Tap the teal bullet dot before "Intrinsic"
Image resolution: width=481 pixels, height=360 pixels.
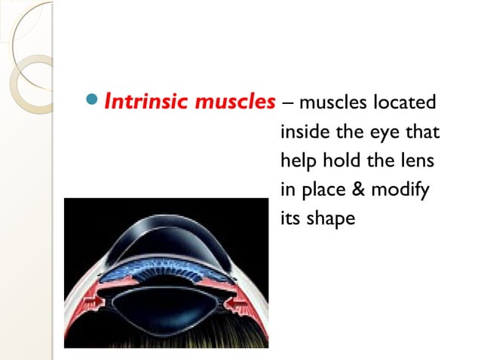[93, 100]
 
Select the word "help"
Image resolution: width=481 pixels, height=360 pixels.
[296, 161]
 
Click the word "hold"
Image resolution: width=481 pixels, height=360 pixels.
[337, 161]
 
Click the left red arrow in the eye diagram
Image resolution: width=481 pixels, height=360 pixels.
[96, 303]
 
